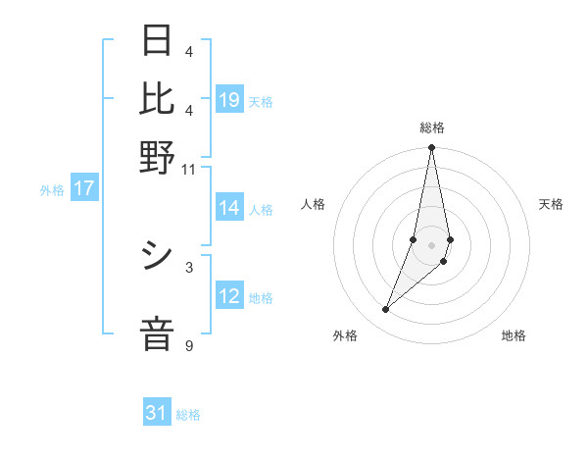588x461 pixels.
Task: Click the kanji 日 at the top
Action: click(x=158, y=40)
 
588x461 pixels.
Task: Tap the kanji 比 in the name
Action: click(x=158, y=98)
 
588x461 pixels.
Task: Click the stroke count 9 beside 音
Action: click(x=188, y=345)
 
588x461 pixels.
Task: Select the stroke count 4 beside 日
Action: click(x=188, y=51)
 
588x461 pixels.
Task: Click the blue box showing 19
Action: click(x=229, y=99)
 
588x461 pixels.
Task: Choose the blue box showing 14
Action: click(x=229, y=208)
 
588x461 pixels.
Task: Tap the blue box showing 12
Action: click(x=229, y=296)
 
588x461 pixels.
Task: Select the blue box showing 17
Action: click(x=83, y=188)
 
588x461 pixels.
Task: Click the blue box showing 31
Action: click(x=157, y=414)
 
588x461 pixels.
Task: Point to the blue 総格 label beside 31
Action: click(x=188, y=415)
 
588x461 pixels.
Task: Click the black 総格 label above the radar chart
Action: click(x=431, y=128)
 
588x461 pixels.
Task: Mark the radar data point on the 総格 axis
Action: click(x=431, y=148)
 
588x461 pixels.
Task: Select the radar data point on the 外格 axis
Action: click(x=385, y=310)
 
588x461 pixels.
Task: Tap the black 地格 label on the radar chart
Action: click(x=514, y=336)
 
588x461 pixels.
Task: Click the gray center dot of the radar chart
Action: click(x=431, y=244)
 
